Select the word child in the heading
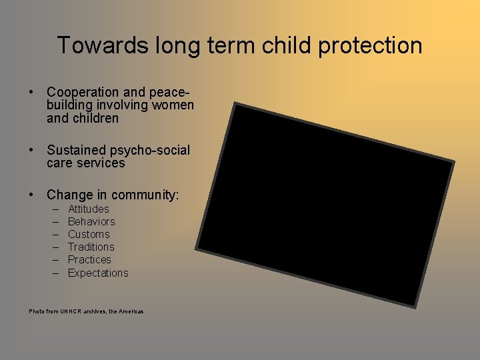269,45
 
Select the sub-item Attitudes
88,209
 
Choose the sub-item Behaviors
91,222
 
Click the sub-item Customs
89,235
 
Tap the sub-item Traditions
91,247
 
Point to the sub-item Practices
89,260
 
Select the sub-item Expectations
98,273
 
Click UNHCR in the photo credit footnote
69,311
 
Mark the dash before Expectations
55,273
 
